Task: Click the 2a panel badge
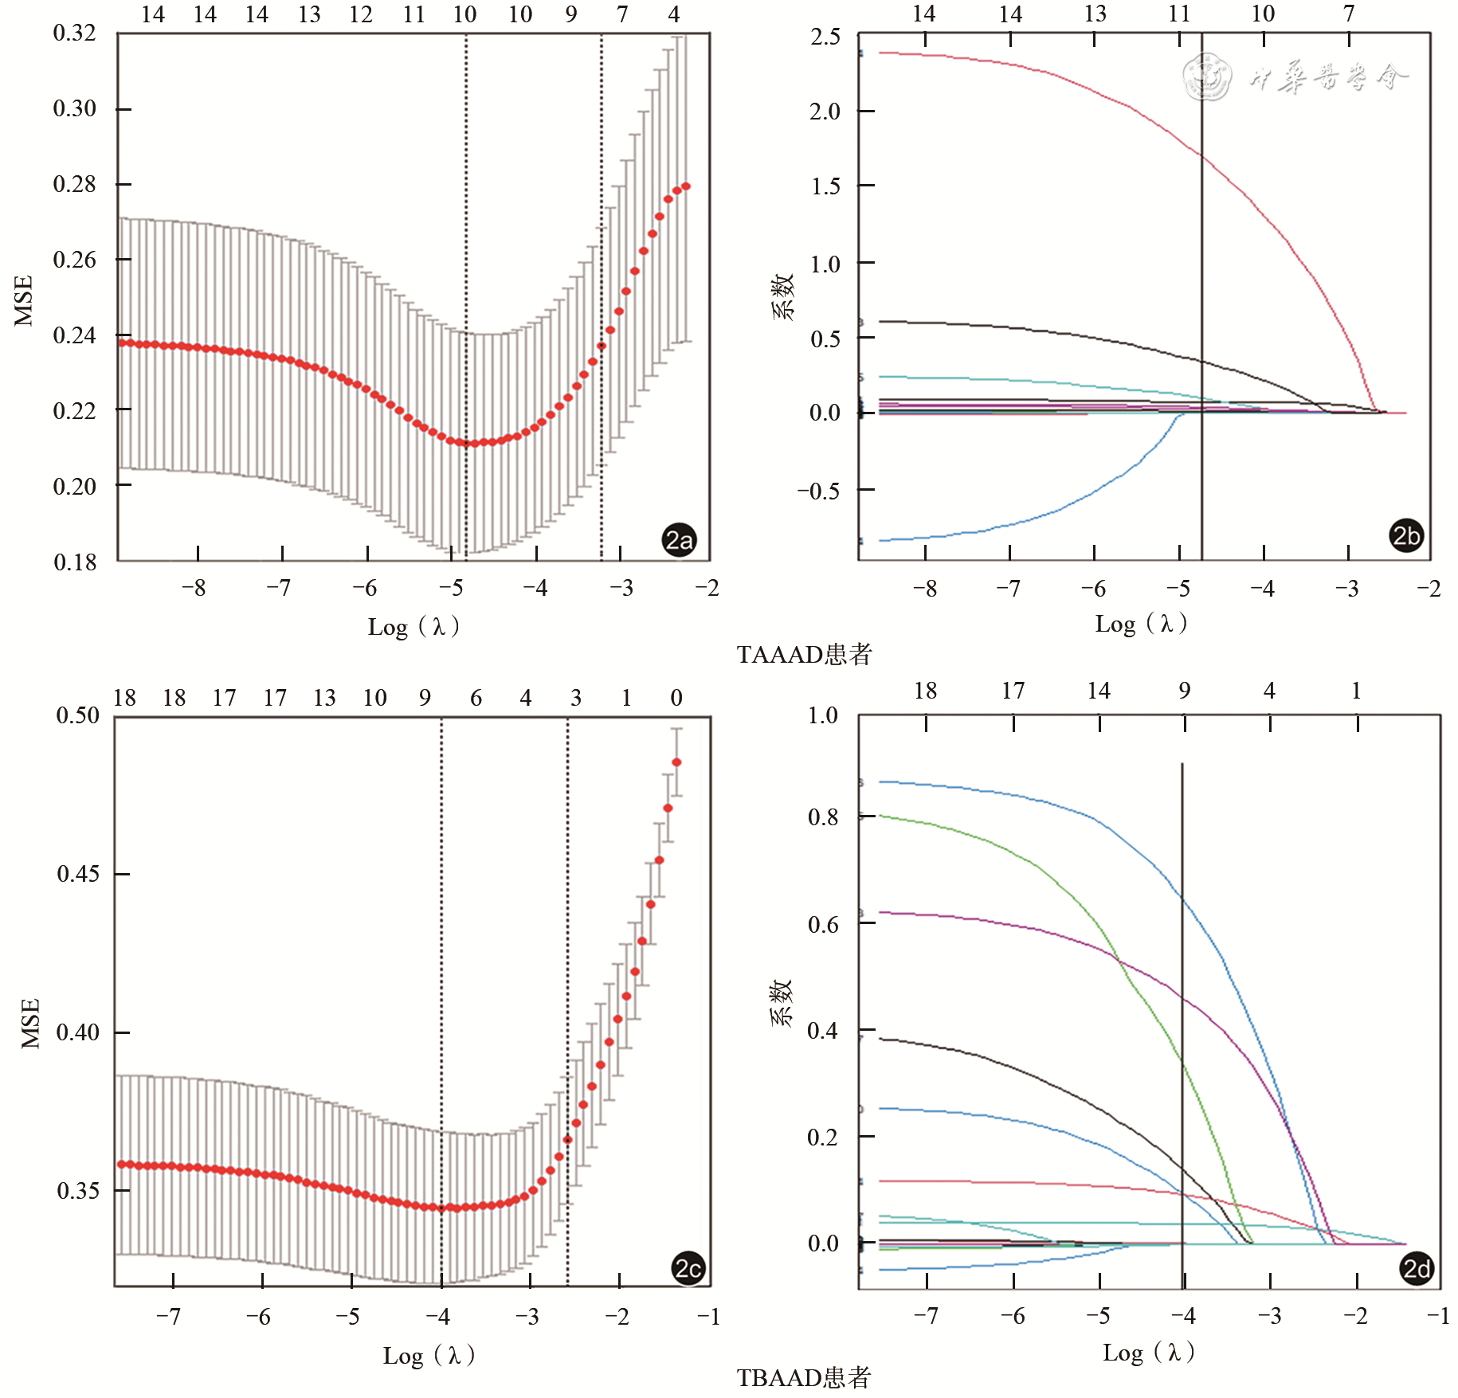point(679,540)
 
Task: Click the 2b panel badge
point(1406,535)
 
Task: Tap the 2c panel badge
point(688,1267)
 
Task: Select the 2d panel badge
point(1417,1267)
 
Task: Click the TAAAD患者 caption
point(804,655)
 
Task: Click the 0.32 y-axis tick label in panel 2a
point(74,33)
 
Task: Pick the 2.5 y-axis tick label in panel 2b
point(825,37)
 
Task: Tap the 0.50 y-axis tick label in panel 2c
point(77,715)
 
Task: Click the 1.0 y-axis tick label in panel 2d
point(822,715)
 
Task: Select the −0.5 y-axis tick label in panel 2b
point(818,491)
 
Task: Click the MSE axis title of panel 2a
point(24,300)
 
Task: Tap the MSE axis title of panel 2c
point(30,1023)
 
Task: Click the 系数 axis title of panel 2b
point(783,296)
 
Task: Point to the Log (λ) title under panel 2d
point(1148,1352)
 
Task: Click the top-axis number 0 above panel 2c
point(676,698)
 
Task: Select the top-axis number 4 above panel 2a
point(674,14)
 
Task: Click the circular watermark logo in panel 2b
point(1207,76)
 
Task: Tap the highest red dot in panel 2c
point(676,762)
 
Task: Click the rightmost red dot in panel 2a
point(686,186)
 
